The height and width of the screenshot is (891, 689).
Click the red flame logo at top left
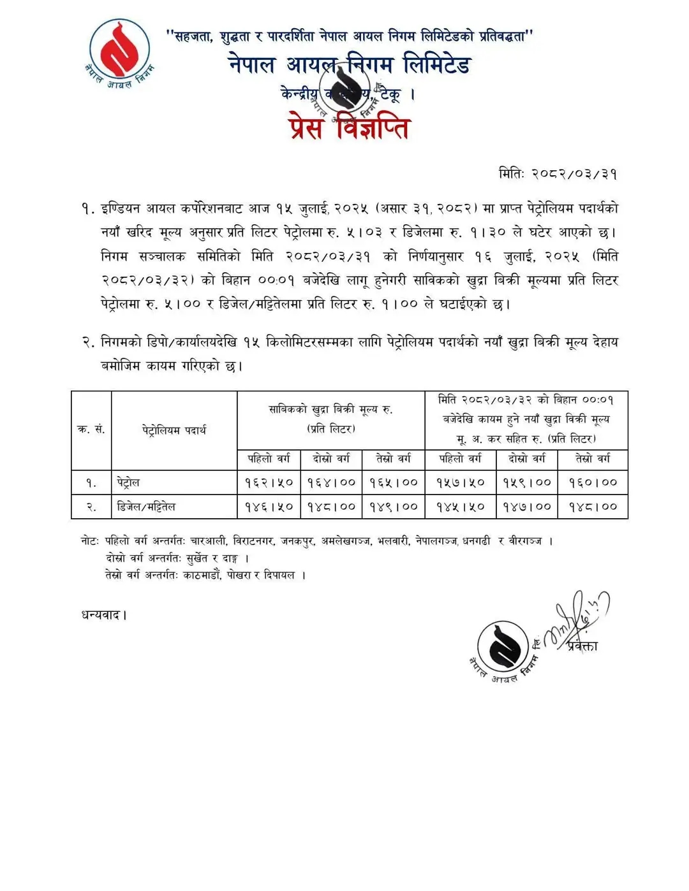click(x=119, y=50)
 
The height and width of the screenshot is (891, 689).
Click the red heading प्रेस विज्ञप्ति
click(x=348, y=128)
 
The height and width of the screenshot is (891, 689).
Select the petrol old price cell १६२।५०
click(x=269, y=482)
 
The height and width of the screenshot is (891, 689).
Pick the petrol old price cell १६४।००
click(x=331, y=482)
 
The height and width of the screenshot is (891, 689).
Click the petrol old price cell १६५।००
click(x=394, y=482)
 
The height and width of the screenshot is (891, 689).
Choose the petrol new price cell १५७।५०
click(x=460, y=482)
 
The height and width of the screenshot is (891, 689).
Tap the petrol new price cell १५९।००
click(x=527, y=482)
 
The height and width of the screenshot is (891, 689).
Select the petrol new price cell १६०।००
click(x=593, y=482)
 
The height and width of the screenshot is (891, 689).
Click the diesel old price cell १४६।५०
click(x=269, y=507)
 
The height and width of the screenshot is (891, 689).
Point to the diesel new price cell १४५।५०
click(x=460, y=507)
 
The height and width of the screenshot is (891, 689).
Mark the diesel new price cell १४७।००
click(x=527, y=507)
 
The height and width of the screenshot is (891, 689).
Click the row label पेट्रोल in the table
click(x=128, y=482)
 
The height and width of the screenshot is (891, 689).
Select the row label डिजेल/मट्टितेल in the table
click(x=146, y=507)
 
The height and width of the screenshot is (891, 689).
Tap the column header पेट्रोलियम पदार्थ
click(x=174, y=430)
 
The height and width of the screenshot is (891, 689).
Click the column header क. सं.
click(x=91, y=430)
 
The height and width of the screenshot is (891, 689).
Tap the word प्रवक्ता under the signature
click(x=582, y=646)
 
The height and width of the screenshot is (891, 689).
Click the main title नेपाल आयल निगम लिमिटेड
click(x=349, y=65)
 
